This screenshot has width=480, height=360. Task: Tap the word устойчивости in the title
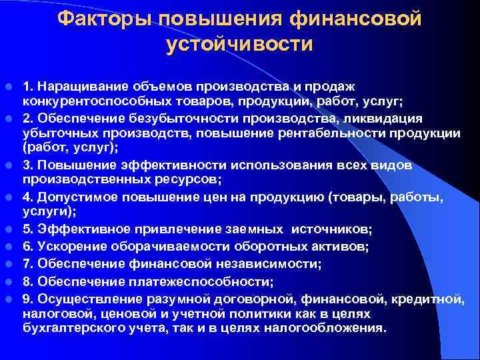pyautogui.click(x=239, y=45)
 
